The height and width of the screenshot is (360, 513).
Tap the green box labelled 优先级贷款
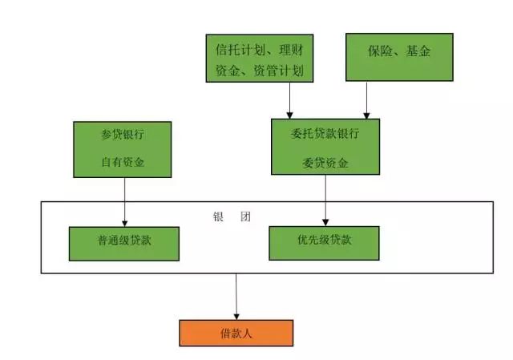pos(325,241)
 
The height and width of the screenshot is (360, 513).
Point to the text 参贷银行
pos(123,134)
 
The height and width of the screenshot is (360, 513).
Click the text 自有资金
pos(123,163)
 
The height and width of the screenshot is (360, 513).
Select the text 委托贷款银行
pos(325,133)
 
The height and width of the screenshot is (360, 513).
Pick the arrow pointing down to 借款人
pos(236,297)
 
